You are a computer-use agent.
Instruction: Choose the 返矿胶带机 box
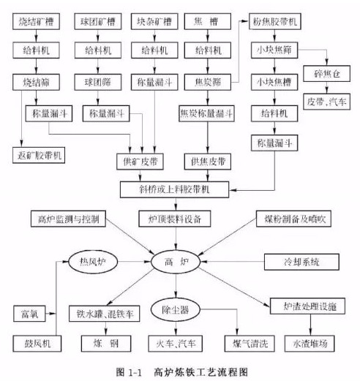[40, 155]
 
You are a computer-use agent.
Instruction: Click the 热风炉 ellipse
[94, 260]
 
